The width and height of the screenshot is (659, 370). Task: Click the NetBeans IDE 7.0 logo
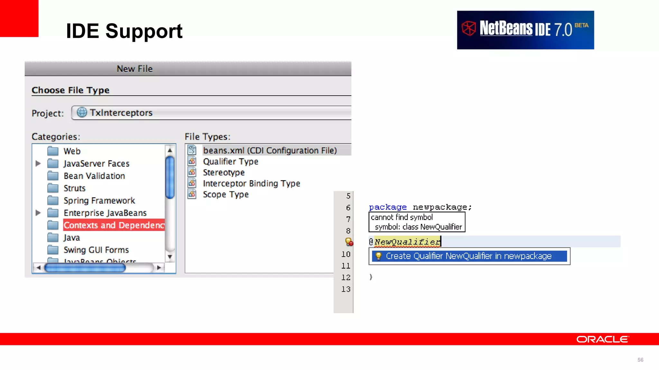(525, 30)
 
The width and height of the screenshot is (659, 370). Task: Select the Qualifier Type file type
(230, 162)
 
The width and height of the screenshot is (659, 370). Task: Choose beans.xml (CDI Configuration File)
(270, 150)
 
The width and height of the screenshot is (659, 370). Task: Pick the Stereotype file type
(224, 172)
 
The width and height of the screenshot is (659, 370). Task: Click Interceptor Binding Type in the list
(251, 183)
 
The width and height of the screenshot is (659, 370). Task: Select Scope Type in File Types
(226, 194)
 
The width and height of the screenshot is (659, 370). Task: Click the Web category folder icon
(53, 151)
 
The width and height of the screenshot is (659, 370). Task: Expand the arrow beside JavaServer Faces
(38, 163)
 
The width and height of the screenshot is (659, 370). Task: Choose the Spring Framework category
(99, 201)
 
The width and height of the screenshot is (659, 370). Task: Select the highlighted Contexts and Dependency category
(114, 225)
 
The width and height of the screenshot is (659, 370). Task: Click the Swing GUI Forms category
(96, 250)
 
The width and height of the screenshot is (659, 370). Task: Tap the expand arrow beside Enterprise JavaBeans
(38, 213)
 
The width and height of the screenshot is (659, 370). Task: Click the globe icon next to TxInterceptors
(82, 112)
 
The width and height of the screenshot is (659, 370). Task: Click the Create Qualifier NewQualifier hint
(469, 256)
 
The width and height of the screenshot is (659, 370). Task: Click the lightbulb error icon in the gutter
(348, 242)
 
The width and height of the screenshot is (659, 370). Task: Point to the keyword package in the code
(388, 207)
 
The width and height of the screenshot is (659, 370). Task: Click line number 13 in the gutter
(346, 289)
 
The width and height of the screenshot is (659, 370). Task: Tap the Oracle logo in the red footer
(602, 339)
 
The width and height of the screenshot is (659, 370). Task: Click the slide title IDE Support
(124, 31)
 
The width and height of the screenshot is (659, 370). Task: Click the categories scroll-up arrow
(170, 150)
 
